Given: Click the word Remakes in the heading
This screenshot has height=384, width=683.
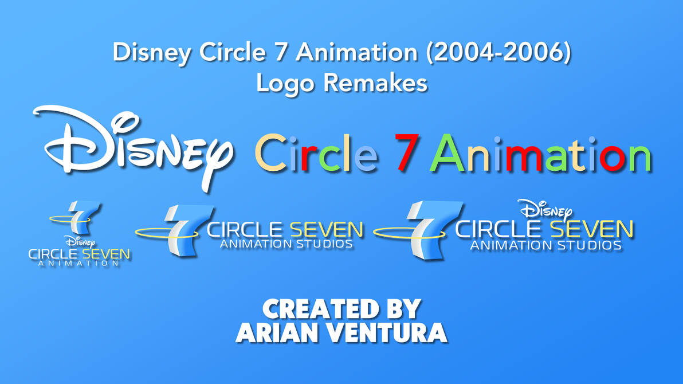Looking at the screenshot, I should pos(375,83).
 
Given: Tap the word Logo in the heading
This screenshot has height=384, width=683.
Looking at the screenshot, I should pos(285,84).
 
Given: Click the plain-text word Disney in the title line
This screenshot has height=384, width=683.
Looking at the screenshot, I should pos(152,53).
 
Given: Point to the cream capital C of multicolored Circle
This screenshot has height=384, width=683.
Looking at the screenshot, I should pos(270,154).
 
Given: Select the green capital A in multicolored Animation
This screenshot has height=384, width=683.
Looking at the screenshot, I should pos(448,154).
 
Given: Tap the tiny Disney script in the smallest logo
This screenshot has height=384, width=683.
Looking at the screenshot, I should pos(80,242).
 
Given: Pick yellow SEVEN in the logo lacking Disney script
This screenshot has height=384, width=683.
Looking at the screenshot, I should pos(327,230).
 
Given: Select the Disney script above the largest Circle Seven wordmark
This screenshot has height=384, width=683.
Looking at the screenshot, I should pos(545,210).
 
